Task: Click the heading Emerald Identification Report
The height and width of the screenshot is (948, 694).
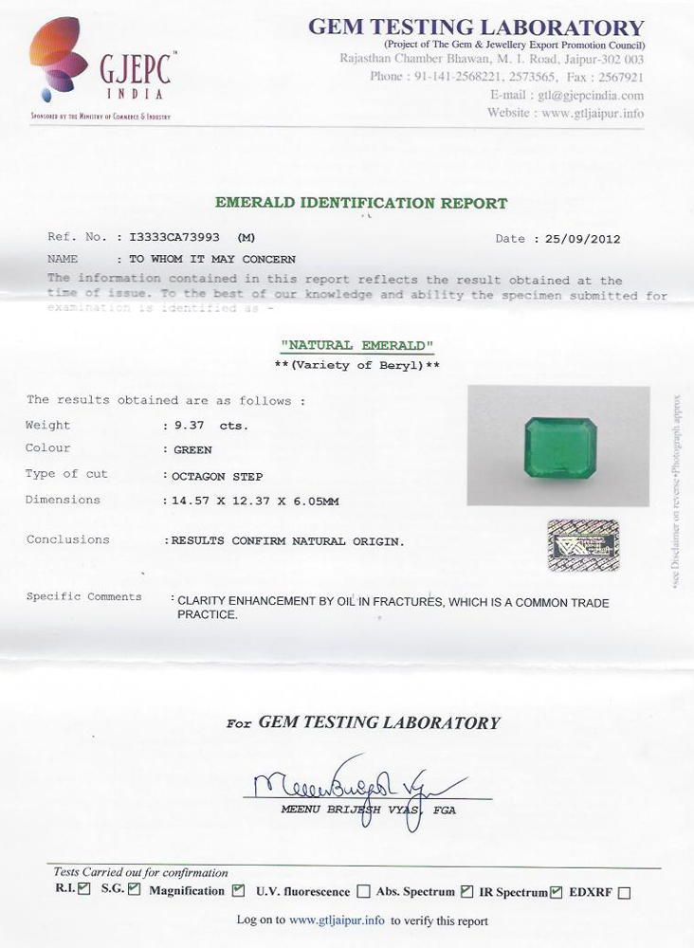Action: coord(361,203)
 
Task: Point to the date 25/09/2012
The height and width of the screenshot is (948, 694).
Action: coord(583,239)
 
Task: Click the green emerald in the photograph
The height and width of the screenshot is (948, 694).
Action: coord(560,448)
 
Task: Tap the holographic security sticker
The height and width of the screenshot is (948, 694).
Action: coord(583,545)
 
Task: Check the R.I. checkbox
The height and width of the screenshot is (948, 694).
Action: coord(85,889)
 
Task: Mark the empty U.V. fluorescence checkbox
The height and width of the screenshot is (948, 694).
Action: coord(364,892)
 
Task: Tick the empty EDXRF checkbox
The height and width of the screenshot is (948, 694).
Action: coord(624,892)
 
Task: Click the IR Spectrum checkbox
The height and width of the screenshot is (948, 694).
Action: coord(557,891)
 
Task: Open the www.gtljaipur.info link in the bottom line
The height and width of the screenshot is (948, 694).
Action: coord(337,921)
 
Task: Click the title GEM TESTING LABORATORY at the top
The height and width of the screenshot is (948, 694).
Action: coord(476,27)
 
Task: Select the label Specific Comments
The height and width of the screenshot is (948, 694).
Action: coord(83,597)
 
